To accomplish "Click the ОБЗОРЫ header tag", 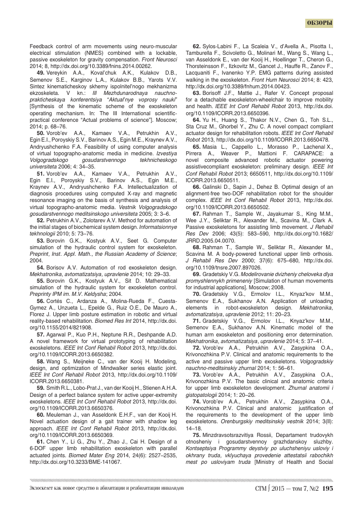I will (x=320, y=23).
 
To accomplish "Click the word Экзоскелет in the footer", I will (x=41, y=489).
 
